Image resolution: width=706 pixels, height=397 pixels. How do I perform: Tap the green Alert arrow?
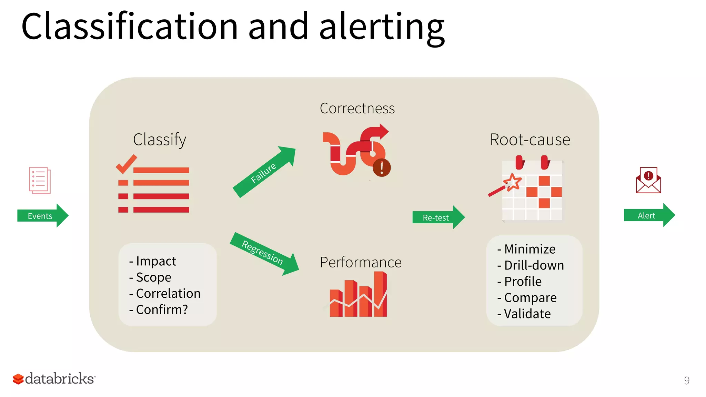[x=648, y=215]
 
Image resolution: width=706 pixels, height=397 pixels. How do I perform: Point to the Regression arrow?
[x=264, y=253]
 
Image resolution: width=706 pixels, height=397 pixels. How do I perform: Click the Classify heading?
[x=160, y=140]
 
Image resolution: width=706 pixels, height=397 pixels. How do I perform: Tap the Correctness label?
[x=357, y=108]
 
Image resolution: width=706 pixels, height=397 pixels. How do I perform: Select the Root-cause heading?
[x=530, y=140]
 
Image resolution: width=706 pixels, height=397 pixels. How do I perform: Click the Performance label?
[x=361, y=262]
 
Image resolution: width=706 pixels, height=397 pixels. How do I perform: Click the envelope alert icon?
[x=648, y=180]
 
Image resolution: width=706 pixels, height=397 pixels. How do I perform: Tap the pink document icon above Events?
[x=40, y=180]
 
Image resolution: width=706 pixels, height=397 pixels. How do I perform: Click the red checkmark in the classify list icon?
[x=126, y=164]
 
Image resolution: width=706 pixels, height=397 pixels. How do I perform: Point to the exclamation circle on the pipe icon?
[x=382, y=168]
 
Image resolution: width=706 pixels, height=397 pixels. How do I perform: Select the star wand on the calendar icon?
[x=512, y=182]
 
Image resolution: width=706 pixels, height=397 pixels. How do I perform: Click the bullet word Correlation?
[x=168, y=293]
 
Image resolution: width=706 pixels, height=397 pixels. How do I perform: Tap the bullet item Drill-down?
[x=534, y=265]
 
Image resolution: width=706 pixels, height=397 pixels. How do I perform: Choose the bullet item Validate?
[x=527, y=314]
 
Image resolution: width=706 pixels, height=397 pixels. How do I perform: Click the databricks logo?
[x=54, y=378]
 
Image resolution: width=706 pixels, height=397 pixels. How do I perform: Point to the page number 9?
[x=686, y=380]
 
